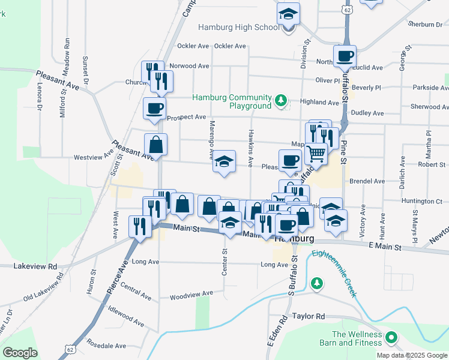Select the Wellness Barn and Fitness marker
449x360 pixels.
[x=391, y=338]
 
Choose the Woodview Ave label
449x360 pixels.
[x=191, y=294]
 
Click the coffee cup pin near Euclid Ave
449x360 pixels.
[x=345, y=57]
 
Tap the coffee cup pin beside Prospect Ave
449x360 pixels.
[x=154, y=109]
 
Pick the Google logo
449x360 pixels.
[x=20, y=353]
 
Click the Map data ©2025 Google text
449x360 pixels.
[x=411, y=355]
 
